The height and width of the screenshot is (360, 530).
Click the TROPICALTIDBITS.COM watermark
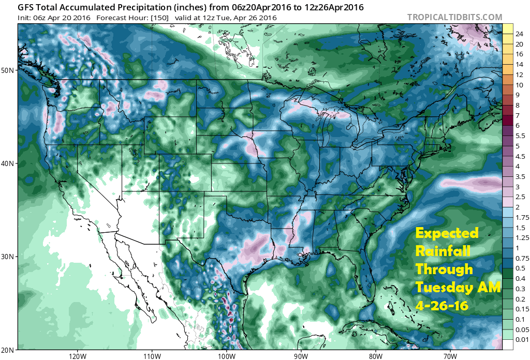click(x=454, y=17)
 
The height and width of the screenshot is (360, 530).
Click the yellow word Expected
click(x=448, y=233)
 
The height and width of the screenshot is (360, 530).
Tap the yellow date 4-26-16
click(x=442, y=306)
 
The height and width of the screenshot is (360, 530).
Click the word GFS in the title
click(x=26, y=7)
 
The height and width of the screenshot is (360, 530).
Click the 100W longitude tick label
click(x=226, y=355)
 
